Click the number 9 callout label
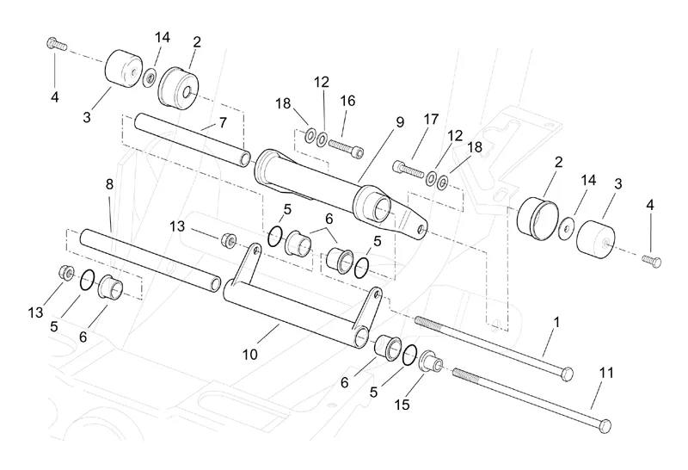[x=399, y=122]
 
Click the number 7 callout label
[x=223, y=123]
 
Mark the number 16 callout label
[x=347, y=101]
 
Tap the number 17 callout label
[x=431, y=118]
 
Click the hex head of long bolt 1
[x=566, y=372]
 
